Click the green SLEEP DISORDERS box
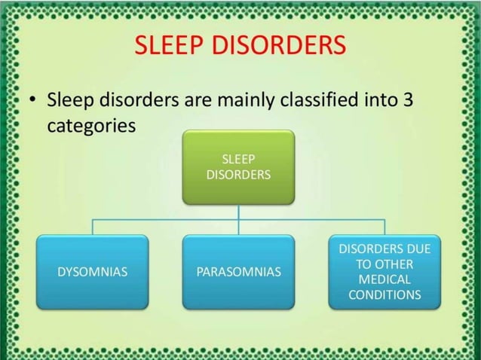coord(238,167)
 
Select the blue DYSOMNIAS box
coord(93,272)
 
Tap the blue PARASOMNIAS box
coord(238,272)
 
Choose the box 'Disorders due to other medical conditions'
coord(384,272)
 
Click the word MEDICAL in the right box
coord(384,279)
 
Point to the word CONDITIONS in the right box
coord(384,294)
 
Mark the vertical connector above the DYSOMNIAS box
coord(93,227)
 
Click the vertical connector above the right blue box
coord(384,227)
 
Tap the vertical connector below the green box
coord(238,212)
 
